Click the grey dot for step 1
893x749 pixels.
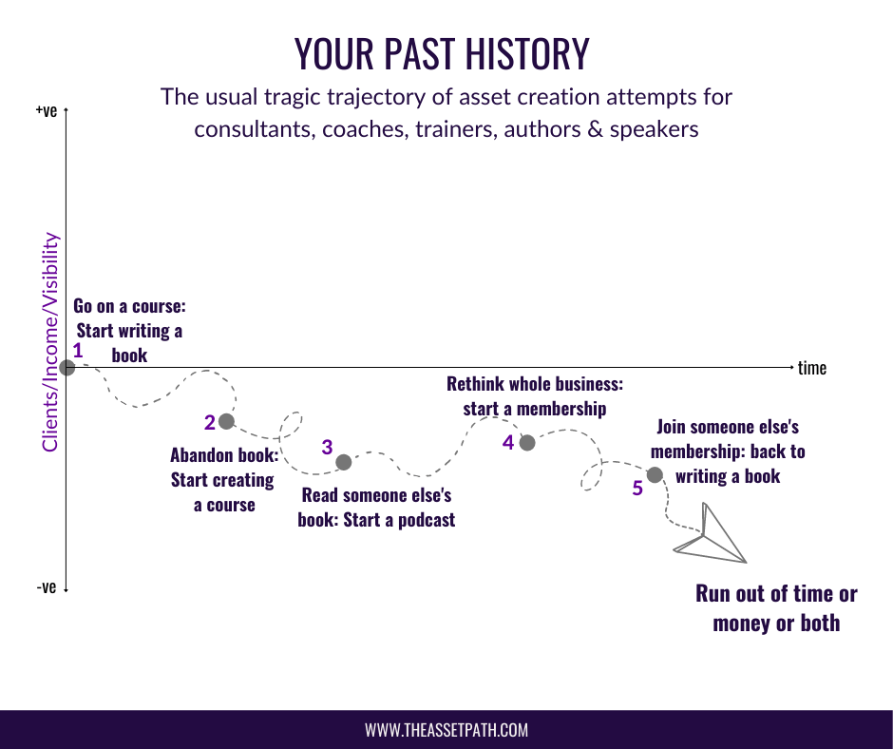pyautogui.click(x=66, y=368)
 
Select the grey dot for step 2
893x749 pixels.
pyautogui.click(x=226, y=421)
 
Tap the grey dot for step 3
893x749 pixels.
pyautogui.click(x=343, y=462)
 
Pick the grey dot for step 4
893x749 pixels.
pyautogui.click(x=527, y=442)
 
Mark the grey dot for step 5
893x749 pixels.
pyautogui.click(x=655, y=474)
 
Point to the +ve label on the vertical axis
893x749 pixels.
pyautogui.click(x=47, y=110)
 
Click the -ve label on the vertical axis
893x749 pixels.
pyautogui.click(x=47, y=587)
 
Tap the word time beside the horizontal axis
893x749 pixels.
pyautogui.click(x=812, y=368)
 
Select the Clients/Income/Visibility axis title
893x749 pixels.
pyautogui.click(x=50, y=342)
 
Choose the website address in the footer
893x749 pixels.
pyautogui.click(x=446, y=730)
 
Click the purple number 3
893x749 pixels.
pyautogui.click(x=327, y=448)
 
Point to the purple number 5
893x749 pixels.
pyautogui.click(x=637, y=489)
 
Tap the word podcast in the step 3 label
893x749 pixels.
pyautogui.click(x=427, y=520)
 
